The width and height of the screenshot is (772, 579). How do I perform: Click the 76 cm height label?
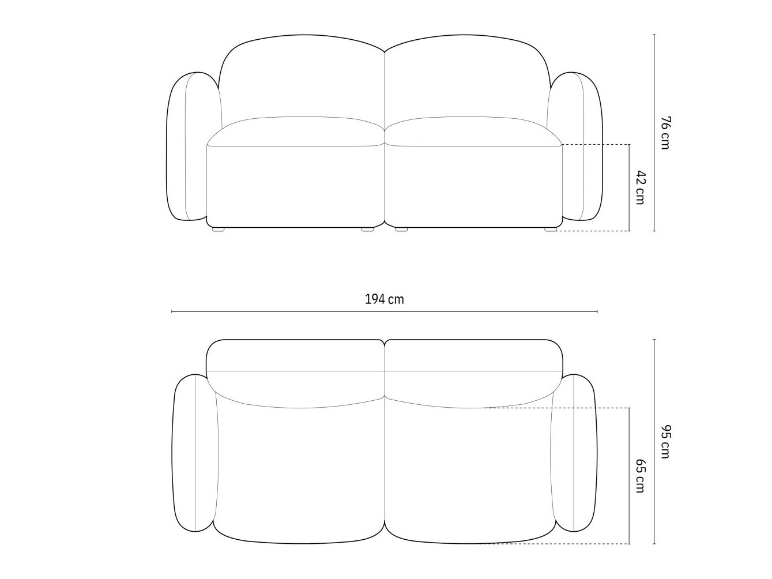tap(665, 133)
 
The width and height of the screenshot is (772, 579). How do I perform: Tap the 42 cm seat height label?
tap(640, 187)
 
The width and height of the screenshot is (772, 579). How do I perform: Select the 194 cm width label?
tap(385, 299)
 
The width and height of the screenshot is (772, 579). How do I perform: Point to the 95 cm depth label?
tap(665, 442)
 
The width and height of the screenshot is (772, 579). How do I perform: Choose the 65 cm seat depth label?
tap(640, 476)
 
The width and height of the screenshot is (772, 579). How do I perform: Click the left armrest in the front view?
tap(190, 146)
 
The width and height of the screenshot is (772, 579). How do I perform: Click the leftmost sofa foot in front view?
tap(219, 230)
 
